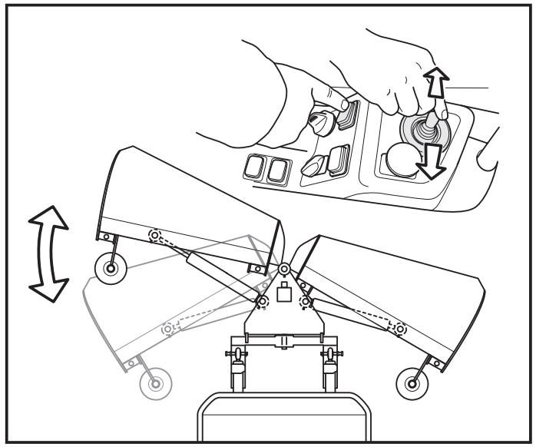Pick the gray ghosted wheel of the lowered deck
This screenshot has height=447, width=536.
click(157, 382)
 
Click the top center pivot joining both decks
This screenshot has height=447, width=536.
click(285, 269)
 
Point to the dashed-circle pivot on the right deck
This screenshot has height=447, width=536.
click(399, 328)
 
